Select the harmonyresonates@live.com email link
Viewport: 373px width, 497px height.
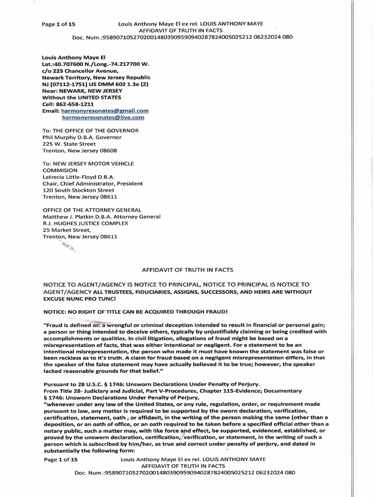click(103, 117)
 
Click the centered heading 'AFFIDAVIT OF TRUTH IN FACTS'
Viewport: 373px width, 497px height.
click(187, 269)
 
